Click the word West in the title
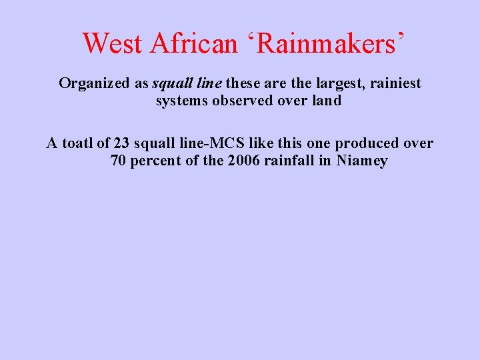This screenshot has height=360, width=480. [113, 43]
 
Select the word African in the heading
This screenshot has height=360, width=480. [194, 43]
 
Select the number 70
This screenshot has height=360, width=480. [118, 161]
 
